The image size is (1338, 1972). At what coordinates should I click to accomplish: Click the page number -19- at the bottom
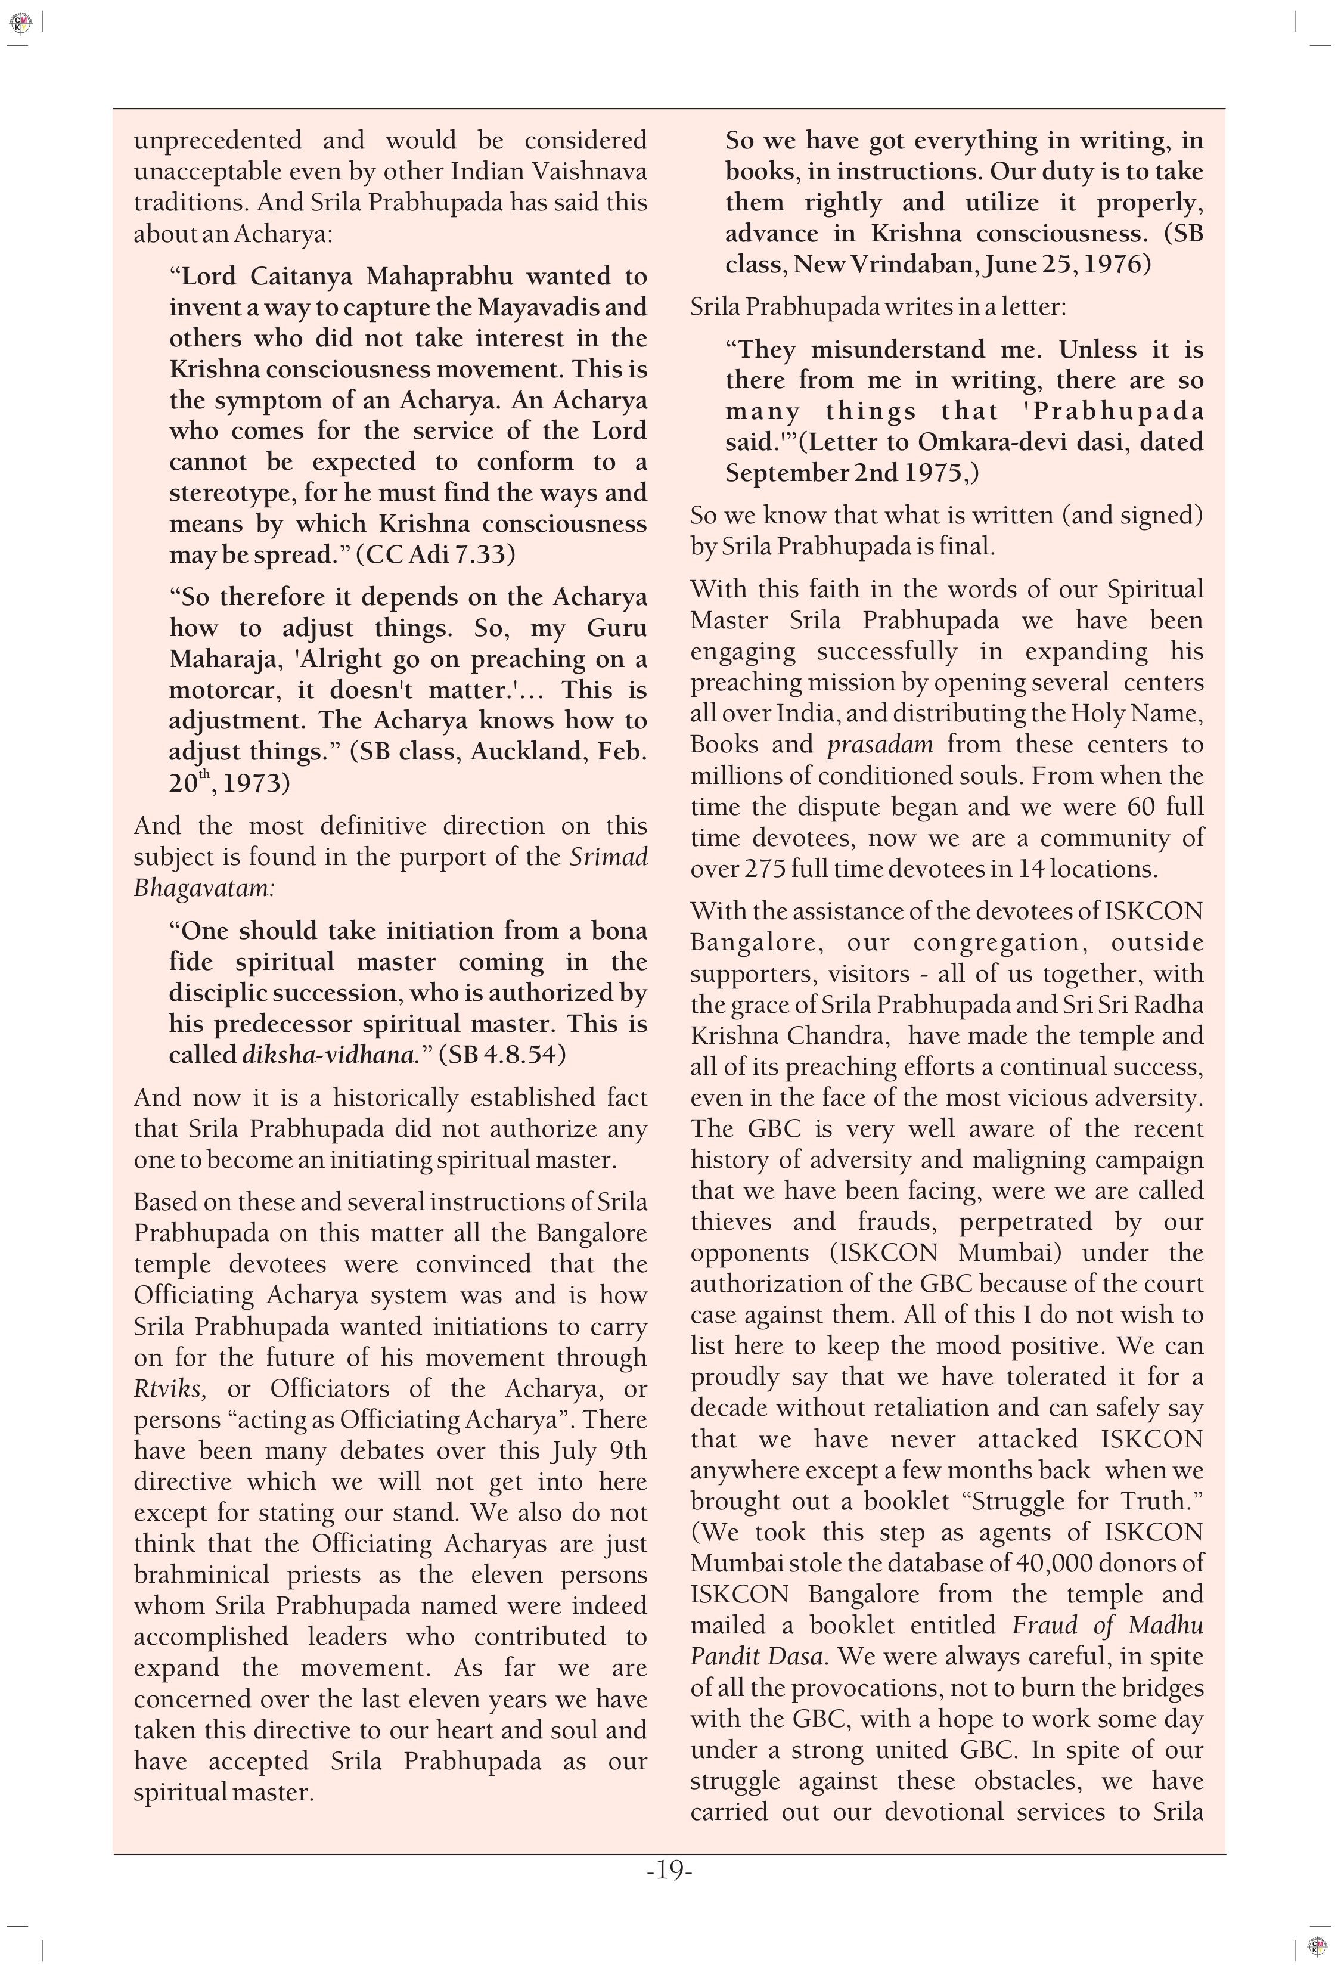pos(669,1871)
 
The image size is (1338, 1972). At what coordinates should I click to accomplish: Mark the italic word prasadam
pos(880,745)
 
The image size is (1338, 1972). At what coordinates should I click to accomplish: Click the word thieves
pos(731,1222)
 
